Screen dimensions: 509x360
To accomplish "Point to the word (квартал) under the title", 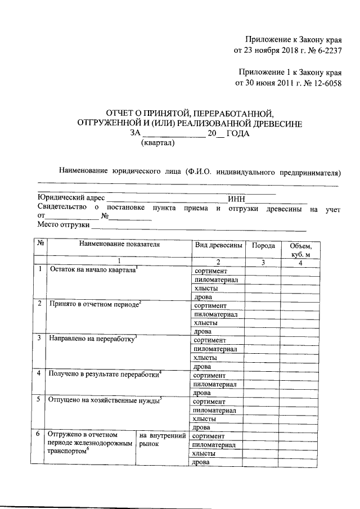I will (157, 143).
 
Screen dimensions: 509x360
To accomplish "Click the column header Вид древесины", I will (219, 246).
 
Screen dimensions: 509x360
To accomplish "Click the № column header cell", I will (40, 246).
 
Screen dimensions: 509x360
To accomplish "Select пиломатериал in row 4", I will (215, 384).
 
